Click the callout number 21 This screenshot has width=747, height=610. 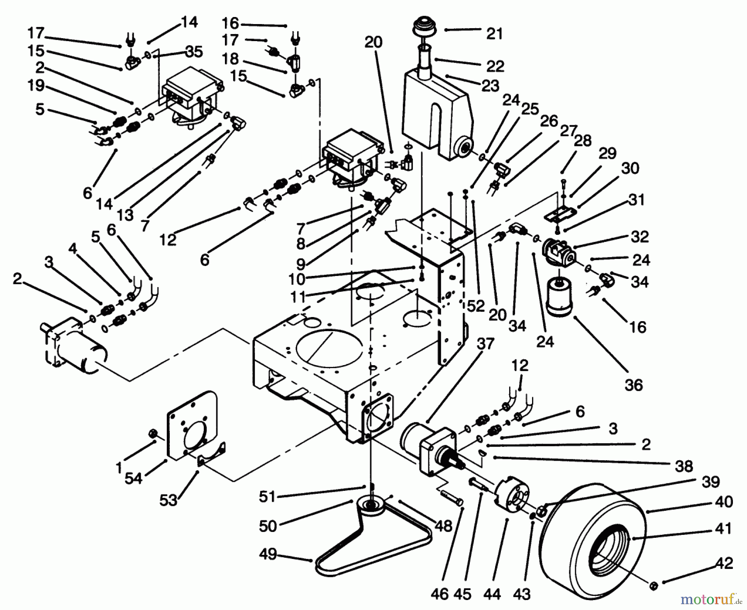[x=494, y=33]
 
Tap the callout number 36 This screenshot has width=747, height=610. [x=633, y=385]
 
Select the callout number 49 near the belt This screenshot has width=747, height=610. [x=268, y=554]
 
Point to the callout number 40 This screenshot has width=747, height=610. [x=724, y=502]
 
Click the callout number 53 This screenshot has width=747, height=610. [x=168, y=500]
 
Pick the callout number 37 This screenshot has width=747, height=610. [x=485, y=344]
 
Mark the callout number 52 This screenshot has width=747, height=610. [x=476, y=306]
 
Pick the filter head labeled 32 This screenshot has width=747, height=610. [x=558, y=253]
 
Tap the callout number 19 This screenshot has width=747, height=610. [x=36, y=85]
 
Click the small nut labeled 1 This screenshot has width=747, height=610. [x=151, y=434]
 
